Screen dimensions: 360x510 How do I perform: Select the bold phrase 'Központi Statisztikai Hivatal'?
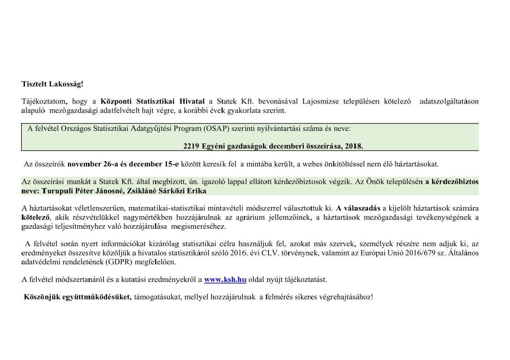[152, 102]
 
